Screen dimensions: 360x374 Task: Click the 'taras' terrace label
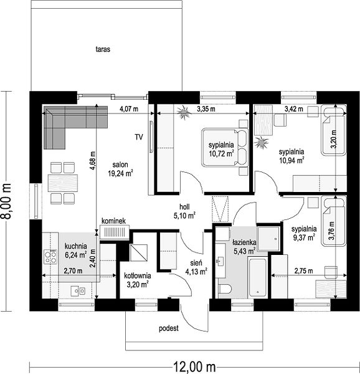click(103, 49)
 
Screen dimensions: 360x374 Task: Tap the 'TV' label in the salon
click(139, 137)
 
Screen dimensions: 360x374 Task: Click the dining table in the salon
click(63, 183)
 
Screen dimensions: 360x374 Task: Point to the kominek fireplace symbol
click(115, 232)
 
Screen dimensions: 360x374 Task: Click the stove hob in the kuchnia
click(50, 257)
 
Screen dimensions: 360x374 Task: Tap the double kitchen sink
click(78, 290)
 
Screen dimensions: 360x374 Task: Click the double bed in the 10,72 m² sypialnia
click(225, 147)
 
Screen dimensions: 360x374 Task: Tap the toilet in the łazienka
click(225, 289)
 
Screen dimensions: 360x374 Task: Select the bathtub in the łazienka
click(258, 277)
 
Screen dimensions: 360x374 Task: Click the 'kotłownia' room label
click(138, 276)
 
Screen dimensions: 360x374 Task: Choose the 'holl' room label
click(184, 206)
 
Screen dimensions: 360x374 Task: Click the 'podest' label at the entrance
click(169, 328)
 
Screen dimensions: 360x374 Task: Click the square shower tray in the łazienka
click(268, 239)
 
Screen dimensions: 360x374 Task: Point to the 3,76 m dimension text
click(331, 231)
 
